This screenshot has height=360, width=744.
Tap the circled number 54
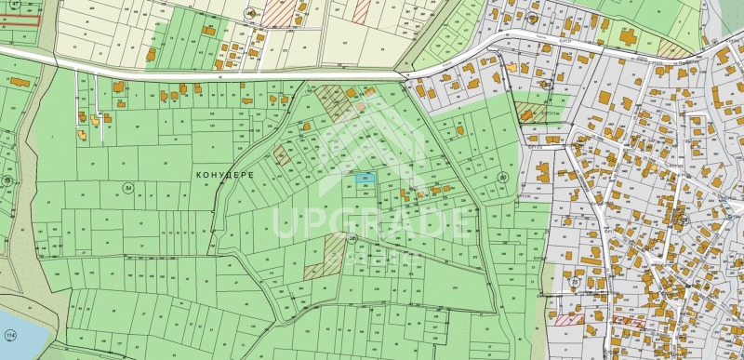pos(127,187)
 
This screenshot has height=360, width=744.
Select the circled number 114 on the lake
pos(10,335)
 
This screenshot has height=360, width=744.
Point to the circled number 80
pos(503,177)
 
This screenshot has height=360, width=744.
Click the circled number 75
pos(575,282)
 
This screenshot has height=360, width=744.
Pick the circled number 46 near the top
pos(250,13)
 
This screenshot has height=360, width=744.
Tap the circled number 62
pos(547,83)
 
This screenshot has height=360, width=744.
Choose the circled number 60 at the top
pos(530,16)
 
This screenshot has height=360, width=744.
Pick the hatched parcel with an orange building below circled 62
pos(531,112)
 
